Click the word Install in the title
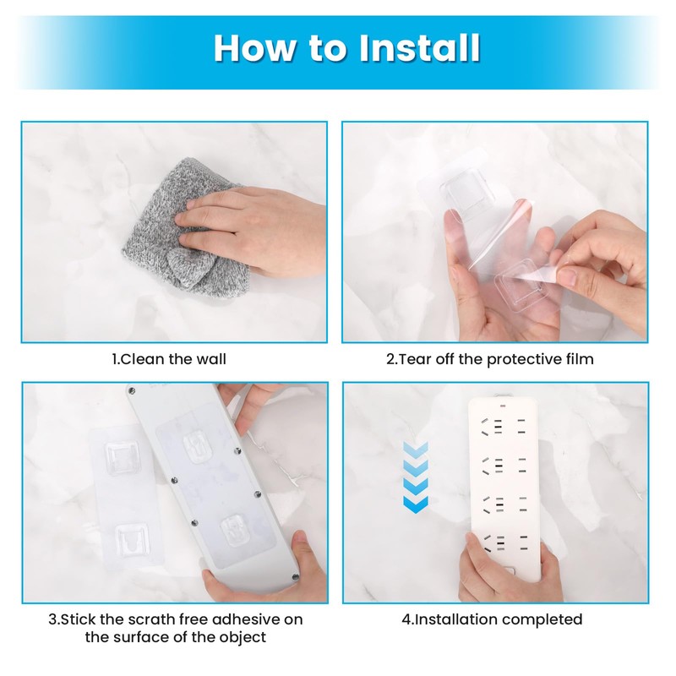click(419, 48)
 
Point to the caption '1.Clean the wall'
click(169, 359)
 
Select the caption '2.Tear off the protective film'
click(490, 359)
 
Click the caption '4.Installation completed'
click(492, 619)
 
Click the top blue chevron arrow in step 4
click(416, 449)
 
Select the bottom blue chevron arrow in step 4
click(416, 504)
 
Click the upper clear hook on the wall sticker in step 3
click(121, 459)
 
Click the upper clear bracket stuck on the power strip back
click(198, 448)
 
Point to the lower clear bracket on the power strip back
click(235, 532)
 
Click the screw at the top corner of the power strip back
click(132, 391)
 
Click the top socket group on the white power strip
click(504, 427)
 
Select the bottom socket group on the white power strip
click(504, 543)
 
